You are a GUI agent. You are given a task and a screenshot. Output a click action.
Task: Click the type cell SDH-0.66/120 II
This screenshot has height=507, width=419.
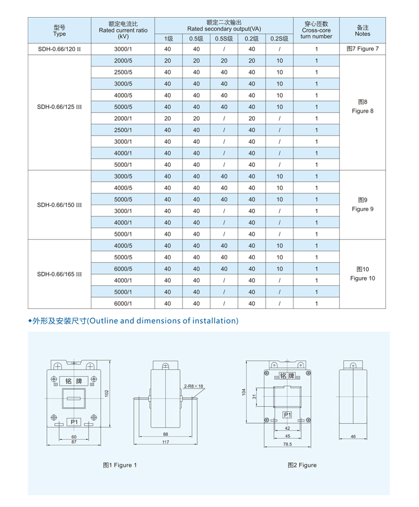pyautogui.click(x=59, y=49)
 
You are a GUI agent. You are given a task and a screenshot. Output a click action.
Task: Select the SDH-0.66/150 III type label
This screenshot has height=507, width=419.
pyautogui.click(x=59, y=205)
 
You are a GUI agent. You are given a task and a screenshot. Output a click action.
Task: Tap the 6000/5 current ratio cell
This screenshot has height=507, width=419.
pyautogui.click(x=123, y=269)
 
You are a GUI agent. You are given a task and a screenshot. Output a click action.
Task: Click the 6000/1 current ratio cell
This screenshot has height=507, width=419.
pyautogui.click(x=123, y=304)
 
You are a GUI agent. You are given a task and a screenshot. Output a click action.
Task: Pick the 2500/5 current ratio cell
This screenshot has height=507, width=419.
pyautogui.click(x=123, y=73)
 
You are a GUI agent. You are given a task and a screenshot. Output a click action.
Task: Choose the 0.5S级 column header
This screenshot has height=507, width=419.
pyautogui.click(x=224, y=39)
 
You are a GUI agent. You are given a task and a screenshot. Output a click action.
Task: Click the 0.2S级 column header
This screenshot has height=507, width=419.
pyautogui.click(x=279, y=39)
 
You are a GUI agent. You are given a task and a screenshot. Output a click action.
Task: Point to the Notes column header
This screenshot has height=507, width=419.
pyautogui.click(x=362, y=30)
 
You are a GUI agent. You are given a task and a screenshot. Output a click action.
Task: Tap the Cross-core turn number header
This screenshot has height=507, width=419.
pyautogui.click(x=316, y=30)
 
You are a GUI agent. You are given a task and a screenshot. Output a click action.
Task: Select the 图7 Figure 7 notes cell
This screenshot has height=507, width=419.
pyautogui.click(x=362, y=49)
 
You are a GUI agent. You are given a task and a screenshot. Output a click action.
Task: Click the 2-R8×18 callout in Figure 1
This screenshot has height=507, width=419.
pyautogui.click(x=193, y=386)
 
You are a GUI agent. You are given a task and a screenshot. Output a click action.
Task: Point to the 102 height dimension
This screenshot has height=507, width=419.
pyautogui.click(x=107, y=393)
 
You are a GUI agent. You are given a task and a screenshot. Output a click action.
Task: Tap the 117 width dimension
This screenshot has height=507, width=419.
pyautogui.click(x=166, y=443)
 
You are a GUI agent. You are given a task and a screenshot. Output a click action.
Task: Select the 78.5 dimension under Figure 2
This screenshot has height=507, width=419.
pyautogui.click(x=287, y=445)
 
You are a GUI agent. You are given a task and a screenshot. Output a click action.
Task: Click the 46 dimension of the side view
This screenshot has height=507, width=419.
pyautogui.click(x=353, y=437)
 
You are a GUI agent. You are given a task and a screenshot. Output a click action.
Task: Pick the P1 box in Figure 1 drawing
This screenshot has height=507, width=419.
pyautogui.click(x=74, y=422)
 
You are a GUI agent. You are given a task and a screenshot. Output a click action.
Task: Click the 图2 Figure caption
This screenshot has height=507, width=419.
pyautogui.click(x=302, y=465)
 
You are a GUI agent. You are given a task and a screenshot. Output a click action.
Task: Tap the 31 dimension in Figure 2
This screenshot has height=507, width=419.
pyautogui.click(x=255, y=396)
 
